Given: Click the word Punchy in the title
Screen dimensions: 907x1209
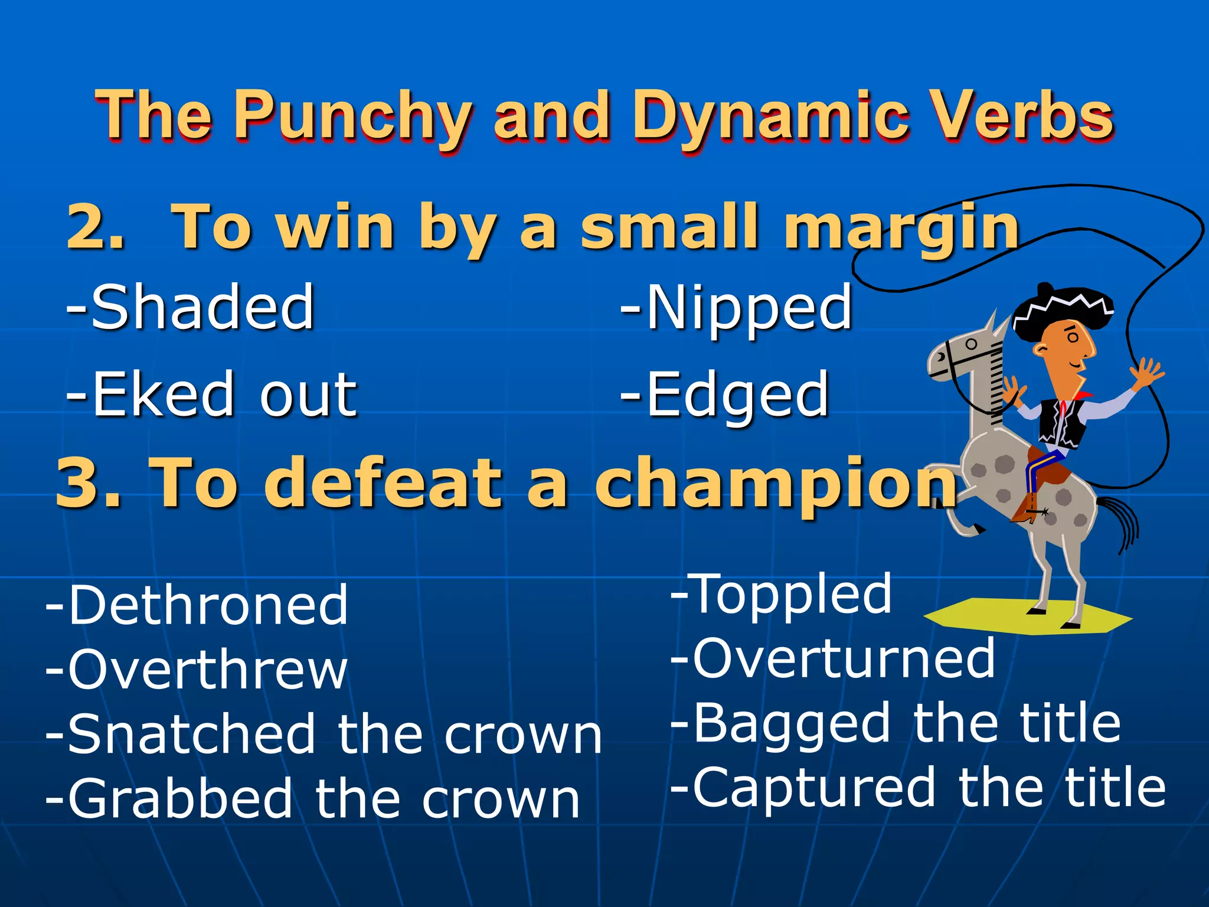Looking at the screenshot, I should [352, 116].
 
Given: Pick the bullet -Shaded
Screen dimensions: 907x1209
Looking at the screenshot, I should [190, 307].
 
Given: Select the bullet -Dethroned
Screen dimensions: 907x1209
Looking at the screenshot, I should [197, 605].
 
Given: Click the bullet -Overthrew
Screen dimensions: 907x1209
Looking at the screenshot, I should [197, 670].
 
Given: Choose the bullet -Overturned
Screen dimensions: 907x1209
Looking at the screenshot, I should [834, 658].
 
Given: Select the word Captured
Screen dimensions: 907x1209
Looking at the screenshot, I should [813, 788].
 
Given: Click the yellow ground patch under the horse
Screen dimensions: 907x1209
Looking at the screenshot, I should [998, 617].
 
